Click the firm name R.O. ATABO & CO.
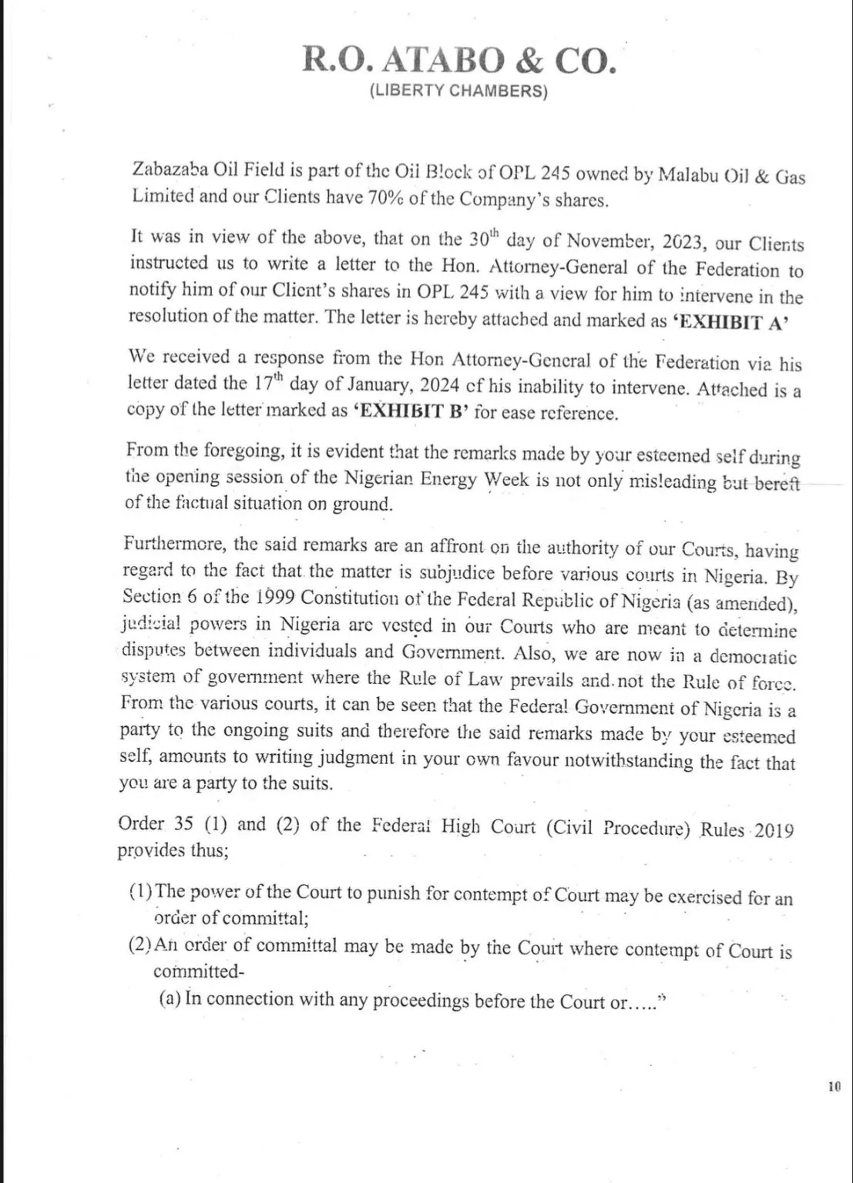click(x=459, y=60)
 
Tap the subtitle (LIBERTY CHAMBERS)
click(x=458, y=92)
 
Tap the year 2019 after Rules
click(x=774, y=831)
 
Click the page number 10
click(x=834, y=1087)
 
